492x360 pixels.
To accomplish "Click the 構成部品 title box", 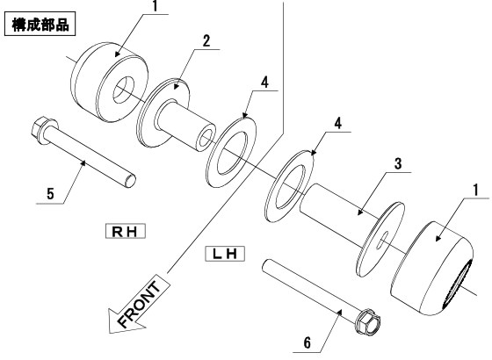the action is tap(40, 24).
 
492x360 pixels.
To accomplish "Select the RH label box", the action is tap(125, 231).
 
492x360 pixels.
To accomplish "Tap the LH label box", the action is tap(225, 254).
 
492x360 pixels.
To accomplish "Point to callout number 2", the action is tap(206, 41).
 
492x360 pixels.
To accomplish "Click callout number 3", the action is tap(397, 163).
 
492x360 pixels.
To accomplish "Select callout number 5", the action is tap(50, 194).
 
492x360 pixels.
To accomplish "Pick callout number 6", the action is tap(307, 342).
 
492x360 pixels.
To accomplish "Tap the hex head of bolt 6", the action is tap(367, 321).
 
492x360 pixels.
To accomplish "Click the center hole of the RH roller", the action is tap(123, 90).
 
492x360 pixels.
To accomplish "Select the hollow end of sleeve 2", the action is tap(206, 139).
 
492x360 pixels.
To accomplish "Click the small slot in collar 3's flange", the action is tap(382, 240).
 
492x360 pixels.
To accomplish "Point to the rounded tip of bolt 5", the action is tap(131, 181).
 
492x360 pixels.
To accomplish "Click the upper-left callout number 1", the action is tap(155, 7).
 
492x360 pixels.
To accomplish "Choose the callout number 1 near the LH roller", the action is tap(475, 190).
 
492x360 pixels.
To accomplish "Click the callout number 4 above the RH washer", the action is tap(264, 83).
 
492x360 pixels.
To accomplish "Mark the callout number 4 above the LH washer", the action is tap(337, 124).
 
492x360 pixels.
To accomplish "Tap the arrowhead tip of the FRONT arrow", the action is tap(109, 333).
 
